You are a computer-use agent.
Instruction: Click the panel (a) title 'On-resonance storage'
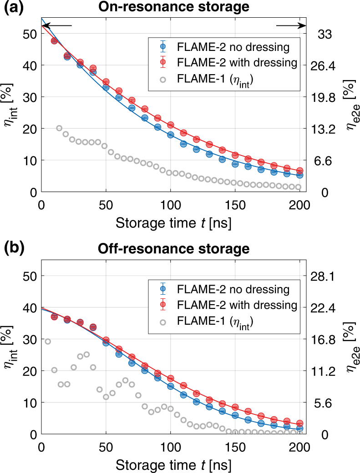(180, 8)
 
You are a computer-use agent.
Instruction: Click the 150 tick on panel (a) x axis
(235, 203)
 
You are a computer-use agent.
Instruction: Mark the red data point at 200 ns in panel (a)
(299, 171)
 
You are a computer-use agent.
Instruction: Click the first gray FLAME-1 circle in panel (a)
(59, 128)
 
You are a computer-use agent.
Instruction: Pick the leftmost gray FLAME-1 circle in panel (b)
(48, 342)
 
